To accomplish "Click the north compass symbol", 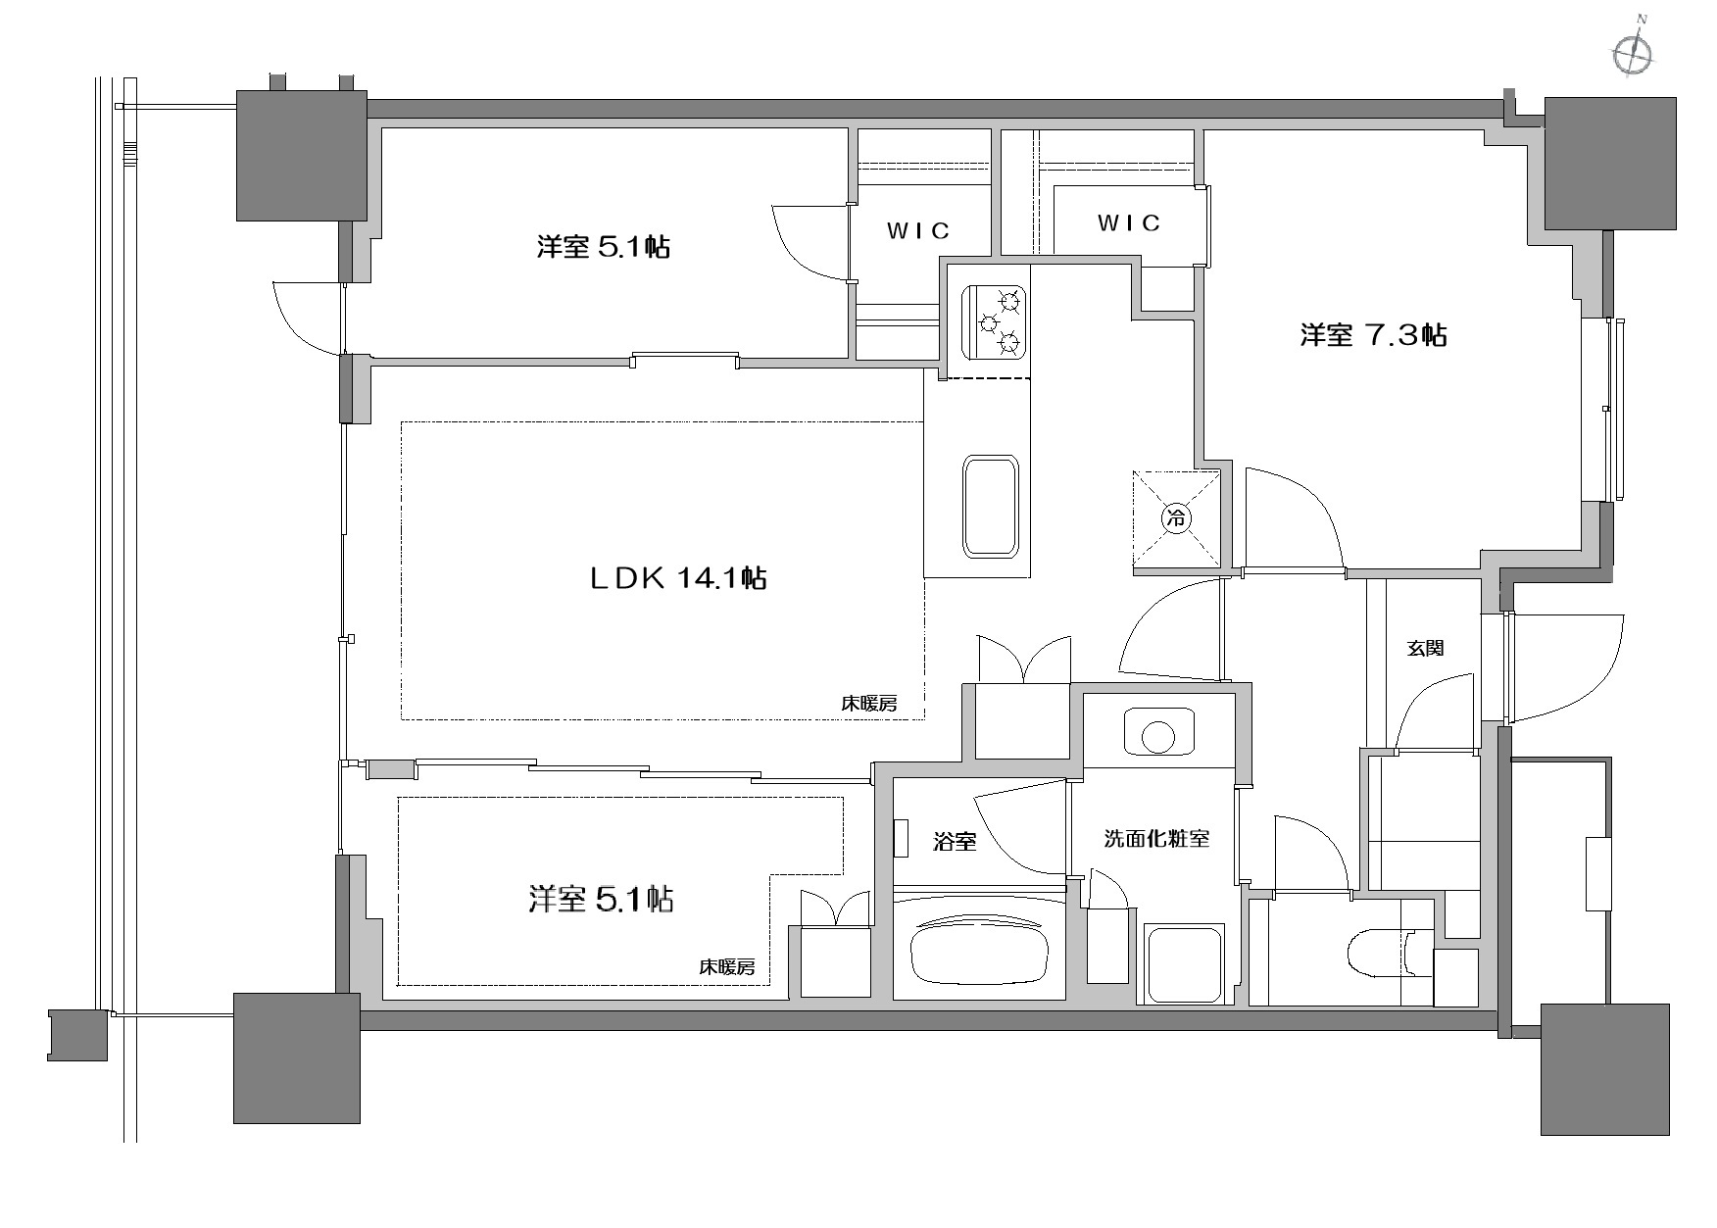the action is [x=1632, y=53].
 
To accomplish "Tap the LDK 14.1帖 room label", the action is [x=677, y=577].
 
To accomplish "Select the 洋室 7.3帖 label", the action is [x=1373, y=335].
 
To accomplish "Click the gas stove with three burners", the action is [x=995, y=320].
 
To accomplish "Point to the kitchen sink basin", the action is [x=992, y=506].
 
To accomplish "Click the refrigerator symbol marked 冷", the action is [x=1176, y=517].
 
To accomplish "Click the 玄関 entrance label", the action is [x=1425, y=648].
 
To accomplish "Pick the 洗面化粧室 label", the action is [x=1156, y=839].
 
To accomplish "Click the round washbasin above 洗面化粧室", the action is [x=1159, y=733].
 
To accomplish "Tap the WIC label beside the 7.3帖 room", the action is [x=1129, y=223].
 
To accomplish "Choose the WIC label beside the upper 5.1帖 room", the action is [x=918, y=230].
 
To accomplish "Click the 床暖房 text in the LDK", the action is [x=868, y=703].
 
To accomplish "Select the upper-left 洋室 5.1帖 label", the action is [x=603, y=246].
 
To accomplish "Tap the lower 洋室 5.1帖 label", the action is [x=601, y=899].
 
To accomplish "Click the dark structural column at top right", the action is [x=1610, y=163].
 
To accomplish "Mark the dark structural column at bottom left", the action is [x=297, y=1057].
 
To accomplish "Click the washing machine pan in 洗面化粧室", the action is [x=1185, y=963].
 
